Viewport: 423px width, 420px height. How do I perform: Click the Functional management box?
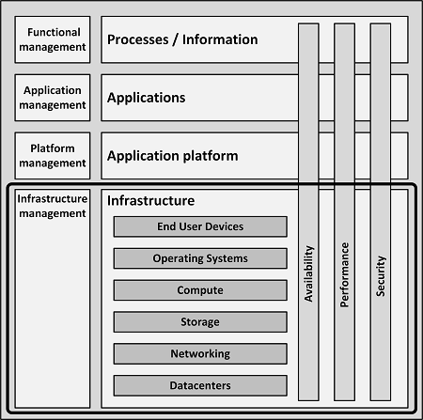click(53, 39)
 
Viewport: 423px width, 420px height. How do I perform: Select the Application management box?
click(53, 98)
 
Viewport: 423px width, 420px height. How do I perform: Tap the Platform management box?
click(53, 156)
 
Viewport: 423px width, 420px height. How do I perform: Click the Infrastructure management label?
click(53, 206)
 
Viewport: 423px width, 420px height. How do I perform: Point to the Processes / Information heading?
click(182, 39)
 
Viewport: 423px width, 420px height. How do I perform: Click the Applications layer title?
click(146, 98)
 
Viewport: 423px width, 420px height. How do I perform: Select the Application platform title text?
click(173, 156)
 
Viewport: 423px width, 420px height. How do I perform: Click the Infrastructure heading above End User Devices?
click(150, 200)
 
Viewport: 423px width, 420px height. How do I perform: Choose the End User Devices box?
click(200, 226)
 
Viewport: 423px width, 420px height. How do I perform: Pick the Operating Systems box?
click(200, 258)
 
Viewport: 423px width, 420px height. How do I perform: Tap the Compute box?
click(200, 290)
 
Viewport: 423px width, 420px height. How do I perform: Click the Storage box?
click(200, 322)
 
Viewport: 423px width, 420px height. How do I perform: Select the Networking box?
click(200, 353)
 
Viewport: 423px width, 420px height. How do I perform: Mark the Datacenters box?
click(200, 385)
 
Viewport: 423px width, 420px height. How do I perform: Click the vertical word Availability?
click(309, 273)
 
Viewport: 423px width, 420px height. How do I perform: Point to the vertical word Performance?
click(345, 274)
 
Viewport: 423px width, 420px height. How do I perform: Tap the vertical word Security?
click(381, 276)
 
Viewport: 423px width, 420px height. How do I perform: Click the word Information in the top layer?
click(220, 39)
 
